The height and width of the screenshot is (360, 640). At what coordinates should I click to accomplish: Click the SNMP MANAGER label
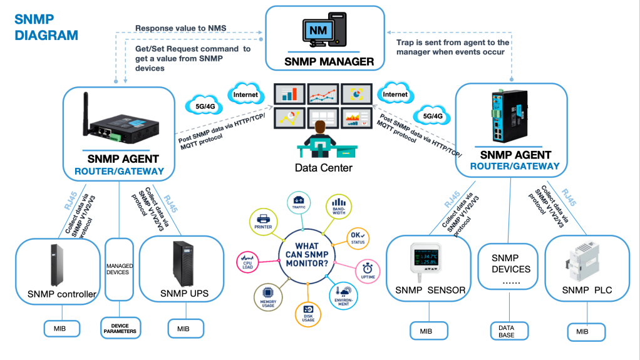pos(329,61)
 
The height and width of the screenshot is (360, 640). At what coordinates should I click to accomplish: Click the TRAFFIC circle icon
pos(297,202)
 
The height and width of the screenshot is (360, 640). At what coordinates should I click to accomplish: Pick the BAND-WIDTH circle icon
pos(338,206)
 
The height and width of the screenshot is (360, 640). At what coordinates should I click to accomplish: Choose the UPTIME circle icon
pos(368,269)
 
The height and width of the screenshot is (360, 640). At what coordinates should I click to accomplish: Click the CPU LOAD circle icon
pos(247,262)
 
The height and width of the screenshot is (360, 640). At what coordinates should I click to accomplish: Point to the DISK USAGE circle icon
pos(308,311)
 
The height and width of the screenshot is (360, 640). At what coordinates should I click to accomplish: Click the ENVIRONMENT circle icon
pos(344,295)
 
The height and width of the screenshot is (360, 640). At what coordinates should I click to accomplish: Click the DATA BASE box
pos(507,331)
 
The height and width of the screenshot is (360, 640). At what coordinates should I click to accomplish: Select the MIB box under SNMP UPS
pos(183,328)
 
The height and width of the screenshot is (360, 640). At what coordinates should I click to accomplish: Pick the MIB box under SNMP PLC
pos(586,331)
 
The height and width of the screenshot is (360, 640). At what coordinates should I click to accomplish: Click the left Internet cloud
pos(245,95)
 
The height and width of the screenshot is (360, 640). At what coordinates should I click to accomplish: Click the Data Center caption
pos(323,168)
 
